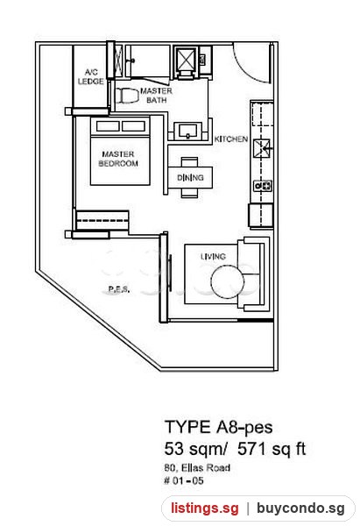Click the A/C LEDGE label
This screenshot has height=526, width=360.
point(90,77)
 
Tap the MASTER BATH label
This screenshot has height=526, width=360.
point(156,96)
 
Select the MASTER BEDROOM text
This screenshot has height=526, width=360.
point(118,159)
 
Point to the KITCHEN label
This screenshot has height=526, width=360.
point(231,139)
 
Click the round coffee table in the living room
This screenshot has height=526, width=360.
point(227,281)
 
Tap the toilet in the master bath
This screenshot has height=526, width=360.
point(127,96)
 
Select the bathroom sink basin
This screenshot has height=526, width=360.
point(187,131)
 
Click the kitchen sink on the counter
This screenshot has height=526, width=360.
point(262,148)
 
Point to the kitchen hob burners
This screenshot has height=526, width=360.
point(263,186)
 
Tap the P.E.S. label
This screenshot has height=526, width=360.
point(119,288)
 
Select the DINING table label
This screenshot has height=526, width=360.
point(190,177)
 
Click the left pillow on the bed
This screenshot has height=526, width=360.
point(108,126)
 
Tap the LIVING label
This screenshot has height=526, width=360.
point(213,257)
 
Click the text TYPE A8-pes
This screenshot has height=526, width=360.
point(219,427)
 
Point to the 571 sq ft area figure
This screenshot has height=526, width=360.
point(272,449)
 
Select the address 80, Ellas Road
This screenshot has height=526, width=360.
point(197,467)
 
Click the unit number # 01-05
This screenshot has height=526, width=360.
point(184,480)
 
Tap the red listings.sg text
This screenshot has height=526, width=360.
point(205,508)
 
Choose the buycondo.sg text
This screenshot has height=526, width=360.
point(300,508)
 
